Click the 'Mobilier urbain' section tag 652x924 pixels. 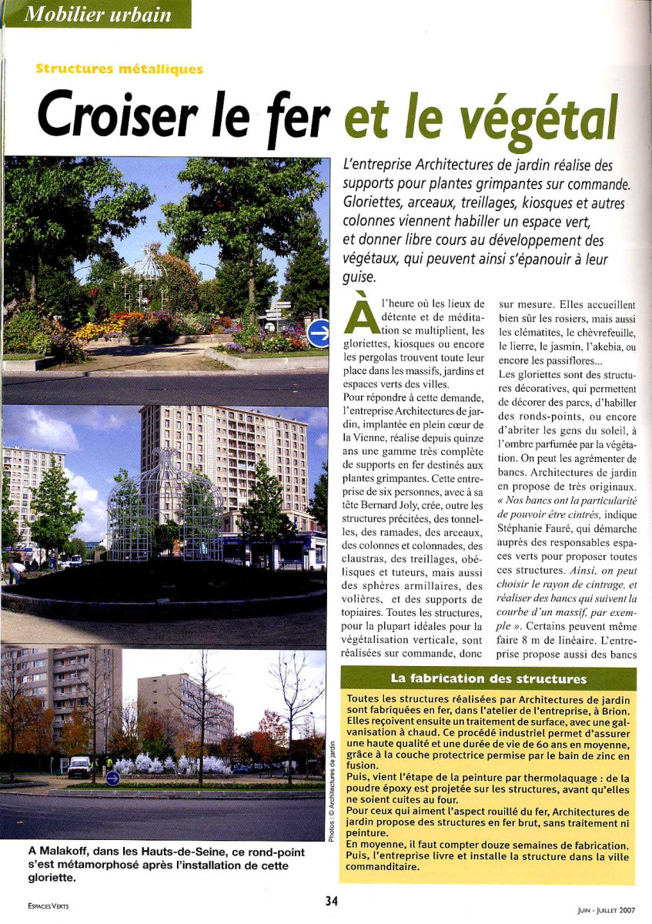click(x=98, y=14)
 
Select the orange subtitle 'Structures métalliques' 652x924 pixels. click(x=119, y=69)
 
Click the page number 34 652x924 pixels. click(x=332, y=901)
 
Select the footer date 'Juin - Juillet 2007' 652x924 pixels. click(x=606, y=909)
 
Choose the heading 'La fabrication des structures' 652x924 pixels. click(x=488, y=679)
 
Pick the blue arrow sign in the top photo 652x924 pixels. click(x=318, y=333)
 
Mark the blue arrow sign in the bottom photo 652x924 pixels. click(x=113, y=778)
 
